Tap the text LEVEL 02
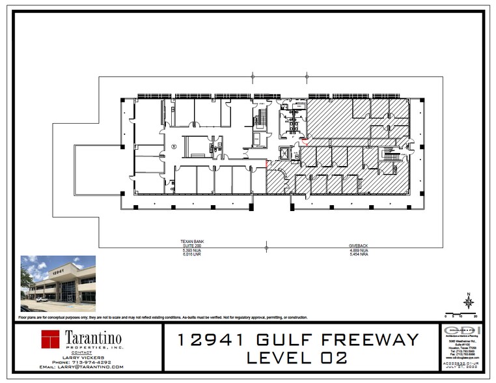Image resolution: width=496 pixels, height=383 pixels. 301,358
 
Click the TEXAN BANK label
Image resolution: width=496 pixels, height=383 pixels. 188,242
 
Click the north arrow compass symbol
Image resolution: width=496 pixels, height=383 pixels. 467,301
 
